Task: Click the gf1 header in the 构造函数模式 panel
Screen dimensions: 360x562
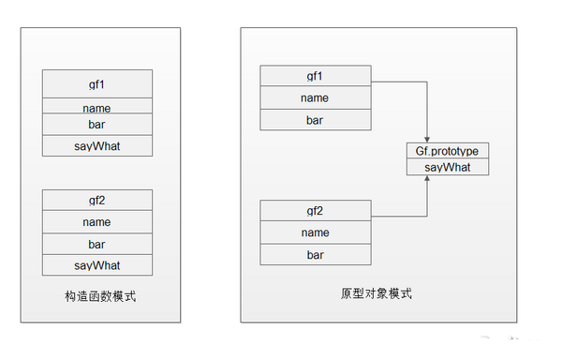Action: click(97, 83)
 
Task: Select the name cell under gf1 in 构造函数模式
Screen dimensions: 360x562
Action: click(97, 107)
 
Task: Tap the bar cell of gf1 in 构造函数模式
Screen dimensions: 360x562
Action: click(97, 125)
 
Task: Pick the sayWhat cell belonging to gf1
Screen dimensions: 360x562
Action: click(97, 146)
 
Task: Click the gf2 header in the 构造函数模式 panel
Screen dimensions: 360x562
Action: click(97, 200)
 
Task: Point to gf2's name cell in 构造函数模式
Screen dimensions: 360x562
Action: click(97, 222)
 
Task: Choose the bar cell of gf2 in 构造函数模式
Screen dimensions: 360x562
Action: click(97, 245)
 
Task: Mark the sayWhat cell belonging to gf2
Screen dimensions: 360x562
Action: click(97, 264)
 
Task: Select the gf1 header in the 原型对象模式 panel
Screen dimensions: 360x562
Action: click(315, 75)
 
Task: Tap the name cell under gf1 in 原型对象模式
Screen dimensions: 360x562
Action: click(315, 97)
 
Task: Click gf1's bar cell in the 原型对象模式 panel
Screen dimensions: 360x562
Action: click(315, 120)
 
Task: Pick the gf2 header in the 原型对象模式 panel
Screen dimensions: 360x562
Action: click(315, 209)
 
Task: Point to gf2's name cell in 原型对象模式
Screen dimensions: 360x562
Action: click(315, 232)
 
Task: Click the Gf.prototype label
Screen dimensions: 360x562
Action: click(447, 151)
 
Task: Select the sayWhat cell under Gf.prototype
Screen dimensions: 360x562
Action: click(447, 167)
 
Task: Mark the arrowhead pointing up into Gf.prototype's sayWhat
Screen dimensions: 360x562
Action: click(428, 180)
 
